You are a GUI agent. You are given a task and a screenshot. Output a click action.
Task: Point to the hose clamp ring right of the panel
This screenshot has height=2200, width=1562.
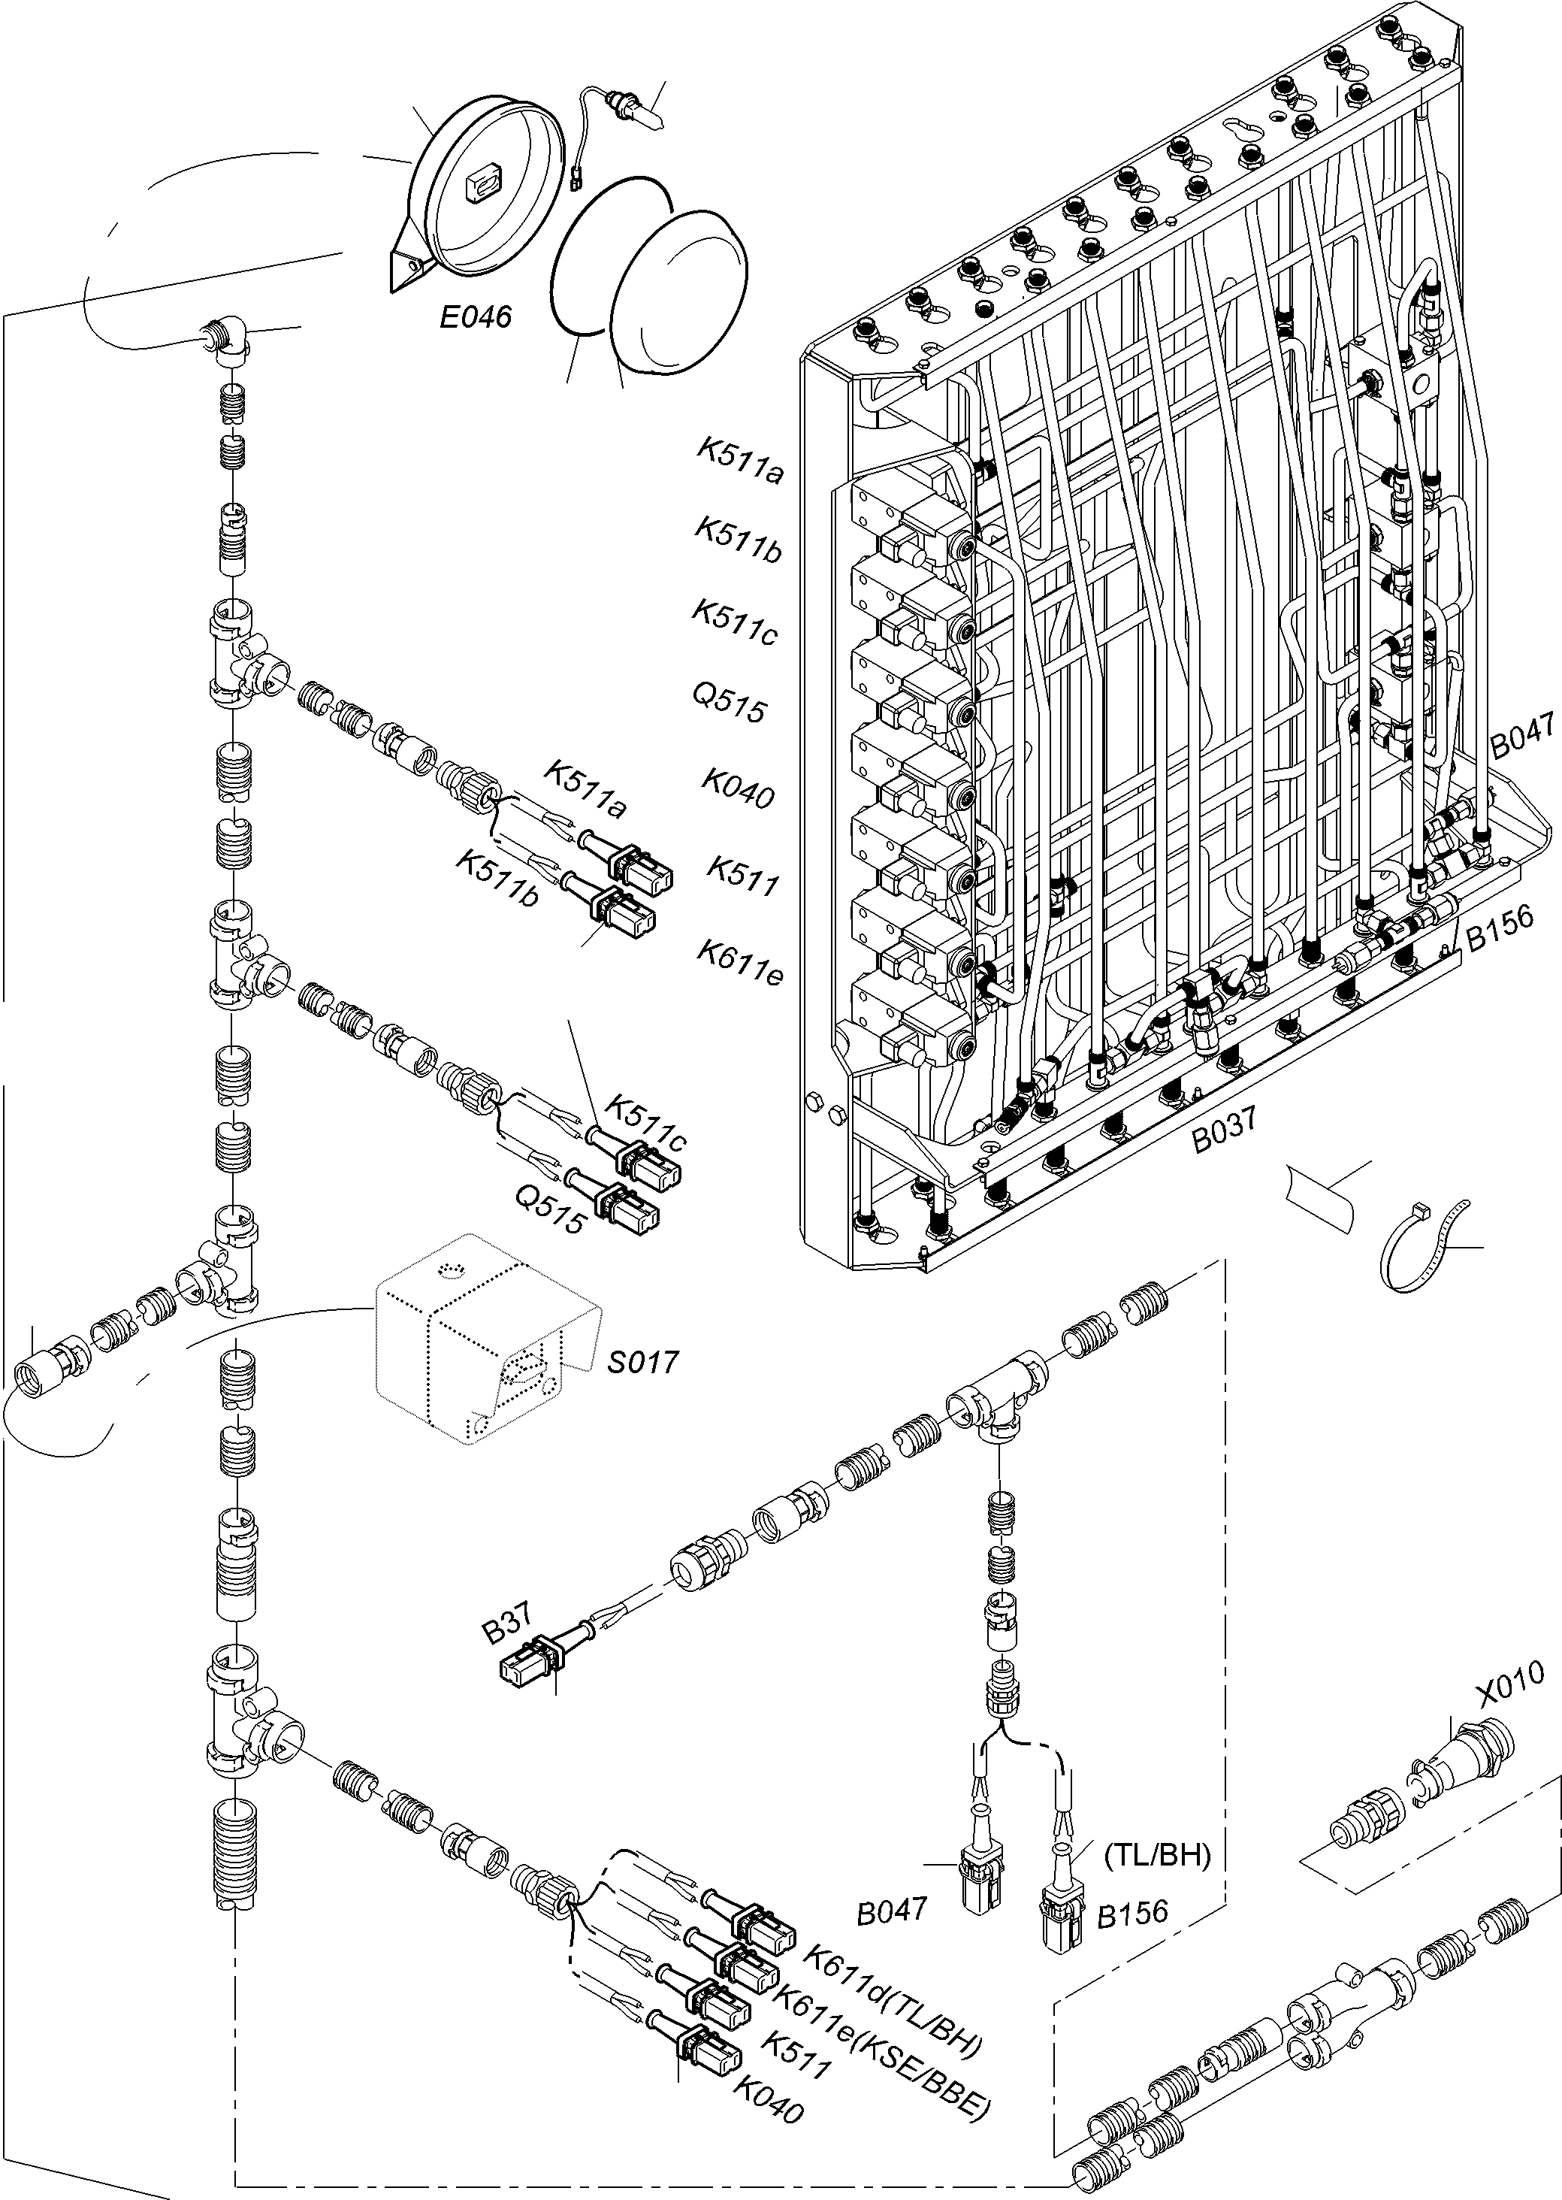(x=1421, y=1248)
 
